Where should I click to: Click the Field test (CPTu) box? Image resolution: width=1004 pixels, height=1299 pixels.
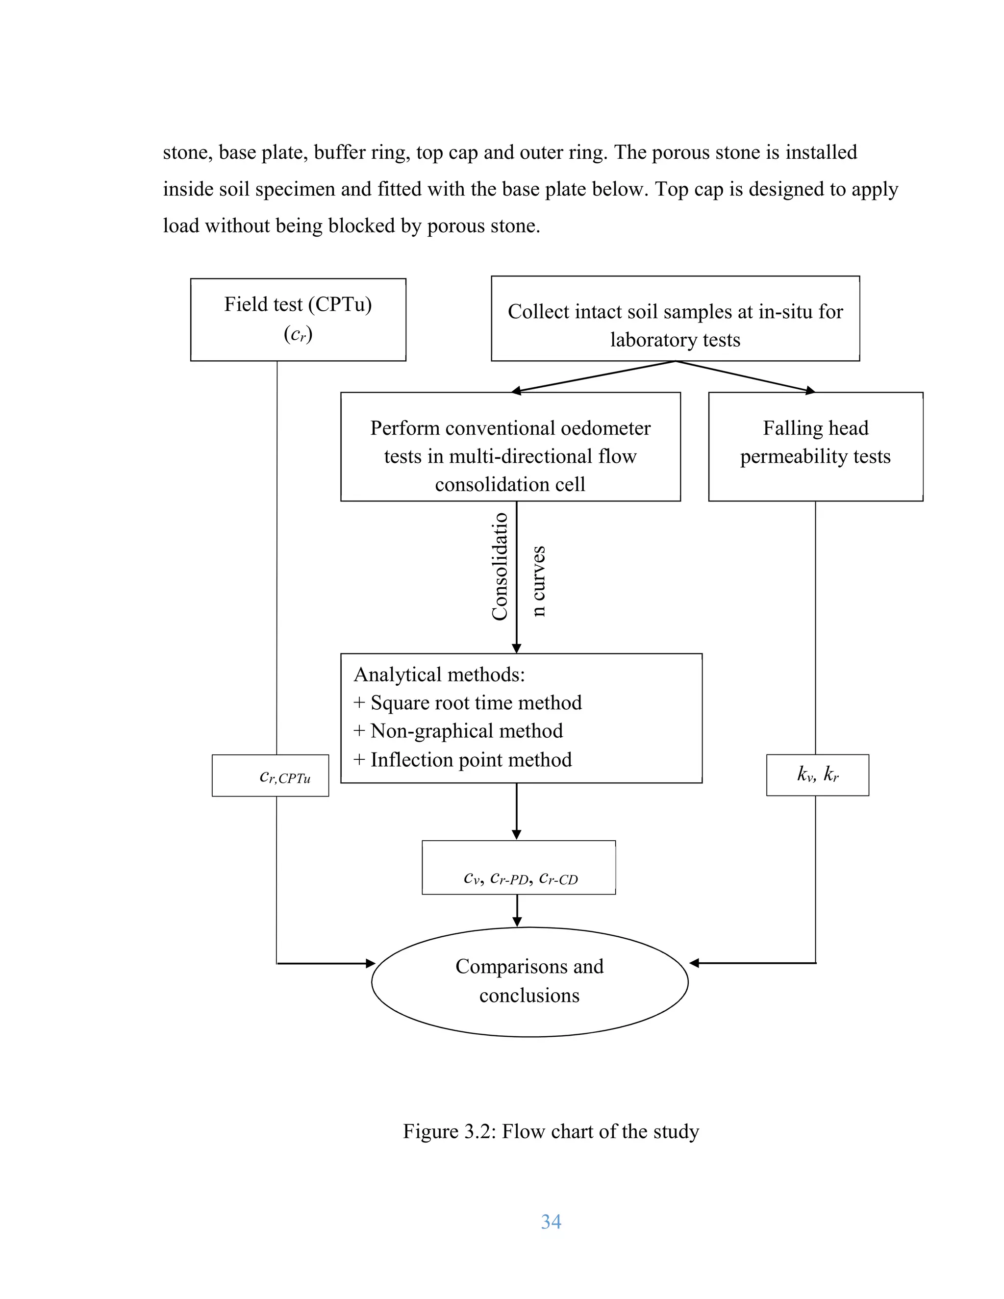click(298, 320)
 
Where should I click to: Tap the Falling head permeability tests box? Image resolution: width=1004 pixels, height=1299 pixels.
click(815, 446)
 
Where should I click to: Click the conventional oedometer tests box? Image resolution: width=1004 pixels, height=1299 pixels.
click(510, 447)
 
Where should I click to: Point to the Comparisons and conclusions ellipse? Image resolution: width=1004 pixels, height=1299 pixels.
click(529, 981)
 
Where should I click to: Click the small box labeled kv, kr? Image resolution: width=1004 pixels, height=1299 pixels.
click(817, 775)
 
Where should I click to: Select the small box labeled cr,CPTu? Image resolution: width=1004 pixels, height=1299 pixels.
click(270, 775)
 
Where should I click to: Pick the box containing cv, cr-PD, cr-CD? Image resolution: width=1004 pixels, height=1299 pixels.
click(519, 868)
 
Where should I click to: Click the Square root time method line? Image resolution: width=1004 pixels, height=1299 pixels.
click(468, 703)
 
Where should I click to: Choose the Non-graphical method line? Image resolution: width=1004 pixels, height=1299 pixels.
click(458, 731)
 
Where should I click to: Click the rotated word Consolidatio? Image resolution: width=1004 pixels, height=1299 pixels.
click(500, 566)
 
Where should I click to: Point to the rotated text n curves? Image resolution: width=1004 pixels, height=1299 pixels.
click(538, 580)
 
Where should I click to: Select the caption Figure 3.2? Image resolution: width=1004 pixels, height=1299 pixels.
click(551, 1131)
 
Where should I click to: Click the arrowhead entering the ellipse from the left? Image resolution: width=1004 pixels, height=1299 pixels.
click(370, 963)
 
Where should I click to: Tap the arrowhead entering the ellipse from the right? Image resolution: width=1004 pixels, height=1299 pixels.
click(694, 963)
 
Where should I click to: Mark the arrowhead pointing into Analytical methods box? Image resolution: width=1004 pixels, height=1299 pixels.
click(516, 649)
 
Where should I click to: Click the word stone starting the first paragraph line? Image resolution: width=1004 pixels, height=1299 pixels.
click(184, 153)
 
